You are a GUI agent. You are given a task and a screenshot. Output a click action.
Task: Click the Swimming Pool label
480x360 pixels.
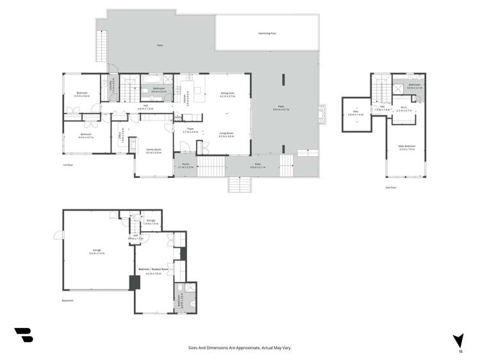267,33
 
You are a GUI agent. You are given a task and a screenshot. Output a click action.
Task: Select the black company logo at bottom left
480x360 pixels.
23,334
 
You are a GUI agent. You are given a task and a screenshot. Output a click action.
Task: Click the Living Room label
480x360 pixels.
226,135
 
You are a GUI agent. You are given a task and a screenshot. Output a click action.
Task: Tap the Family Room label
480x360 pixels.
153,151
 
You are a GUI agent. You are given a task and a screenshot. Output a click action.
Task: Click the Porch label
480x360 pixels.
185,165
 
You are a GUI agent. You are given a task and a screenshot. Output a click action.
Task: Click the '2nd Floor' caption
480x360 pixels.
391,188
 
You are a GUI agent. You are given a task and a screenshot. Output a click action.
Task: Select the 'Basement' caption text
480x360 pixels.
68,300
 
